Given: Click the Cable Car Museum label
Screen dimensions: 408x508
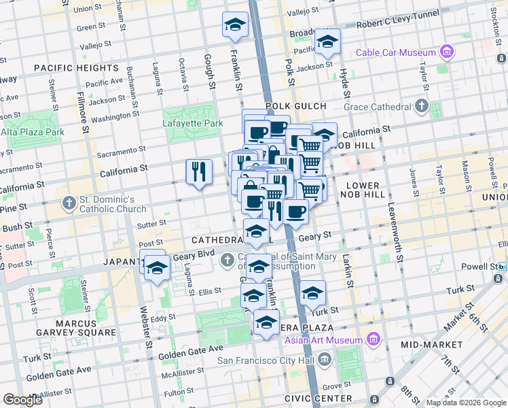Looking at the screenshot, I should tap(397, 52).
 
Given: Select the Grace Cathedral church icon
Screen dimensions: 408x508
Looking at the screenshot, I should tap(421, 106).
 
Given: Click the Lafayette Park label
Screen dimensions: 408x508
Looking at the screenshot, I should tap(192, 124).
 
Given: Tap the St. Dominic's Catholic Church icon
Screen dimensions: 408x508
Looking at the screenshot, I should tap(68, 203).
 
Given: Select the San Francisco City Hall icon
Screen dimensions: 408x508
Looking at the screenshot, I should tap(324, 358).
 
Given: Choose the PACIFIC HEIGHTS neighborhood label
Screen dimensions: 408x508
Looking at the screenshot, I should tap(75, 68).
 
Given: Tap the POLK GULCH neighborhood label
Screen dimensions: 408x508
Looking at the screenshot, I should tap(296, 106).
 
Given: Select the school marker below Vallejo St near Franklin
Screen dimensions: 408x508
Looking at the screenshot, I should tap(235, 24).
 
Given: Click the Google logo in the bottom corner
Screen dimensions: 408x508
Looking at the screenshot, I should tap(23, 400).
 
